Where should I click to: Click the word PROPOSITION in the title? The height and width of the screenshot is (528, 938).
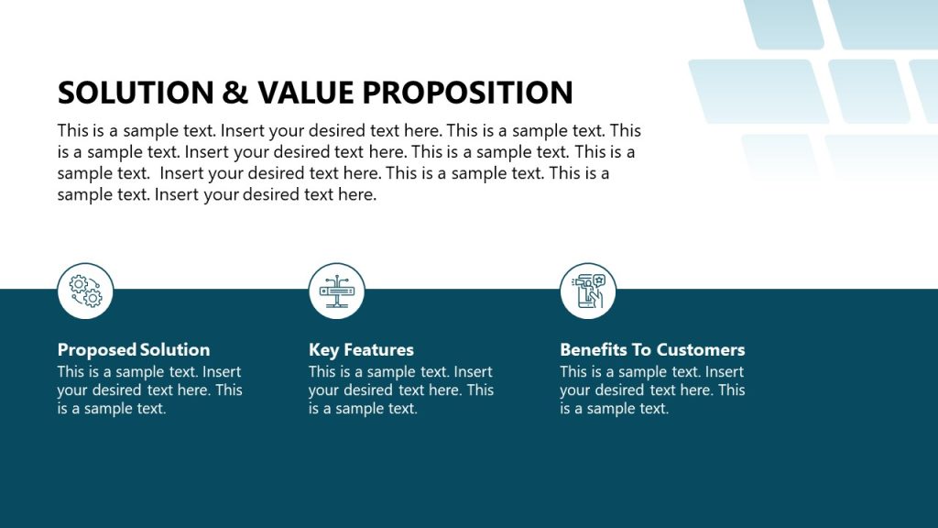click(468, 93)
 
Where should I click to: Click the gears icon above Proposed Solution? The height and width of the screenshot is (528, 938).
click(85, 291)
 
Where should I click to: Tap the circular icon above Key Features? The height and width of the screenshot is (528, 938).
click(336, 291)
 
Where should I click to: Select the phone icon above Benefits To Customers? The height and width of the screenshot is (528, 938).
click(588, 291)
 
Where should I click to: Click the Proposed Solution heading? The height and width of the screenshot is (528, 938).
click(134, 350)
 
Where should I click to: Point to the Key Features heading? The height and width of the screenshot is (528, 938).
click(361, 350)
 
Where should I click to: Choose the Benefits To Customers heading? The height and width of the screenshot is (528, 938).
click(652, 350)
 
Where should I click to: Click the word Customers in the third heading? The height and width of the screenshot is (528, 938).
click(701, 350)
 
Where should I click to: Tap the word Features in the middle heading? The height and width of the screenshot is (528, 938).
click(378, 350)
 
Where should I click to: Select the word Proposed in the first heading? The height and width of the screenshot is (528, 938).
click(96, 350)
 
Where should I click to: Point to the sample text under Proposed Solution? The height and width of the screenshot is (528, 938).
click(149, 390)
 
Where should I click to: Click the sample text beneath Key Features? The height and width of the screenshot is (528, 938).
click(400, 390)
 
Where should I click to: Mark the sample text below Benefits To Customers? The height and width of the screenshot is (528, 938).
click(652, 390)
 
